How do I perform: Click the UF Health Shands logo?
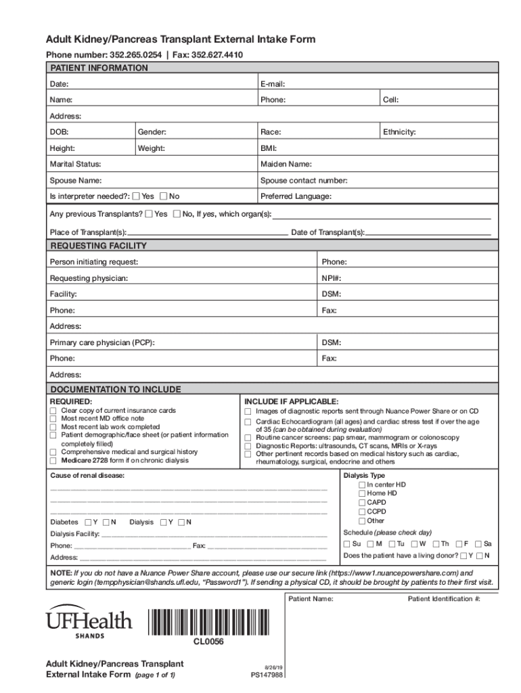pos(89,621)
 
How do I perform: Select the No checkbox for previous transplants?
pos(177,214)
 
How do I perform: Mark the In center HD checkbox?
pos(362,485)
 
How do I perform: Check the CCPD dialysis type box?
pos(362,512)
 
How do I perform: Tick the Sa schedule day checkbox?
pos(478,543)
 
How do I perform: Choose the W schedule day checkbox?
pos(413,543)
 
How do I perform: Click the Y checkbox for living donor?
pos(463,556)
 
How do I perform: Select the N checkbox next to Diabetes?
pos(106,522)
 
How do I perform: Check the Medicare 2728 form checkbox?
pos(53,461)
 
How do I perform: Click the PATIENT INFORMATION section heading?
pos(99,68)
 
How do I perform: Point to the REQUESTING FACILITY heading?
pos(99,246)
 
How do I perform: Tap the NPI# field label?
pos(332,278)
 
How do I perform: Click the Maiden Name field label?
pos(286,164)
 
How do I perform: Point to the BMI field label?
pos(268,148)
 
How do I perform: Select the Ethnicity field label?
pos(399,132)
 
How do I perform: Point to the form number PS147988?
pos(267,674)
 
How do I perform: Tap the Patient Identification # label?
pos(444,599)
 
